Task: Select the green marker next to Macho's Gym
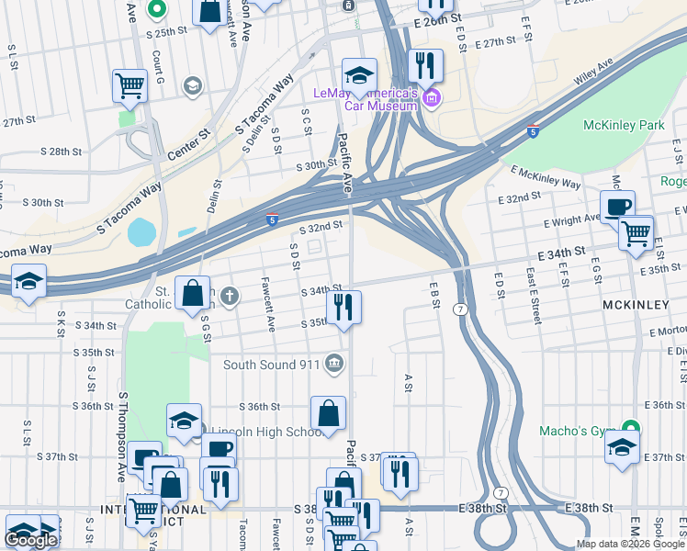(x=630, y=429)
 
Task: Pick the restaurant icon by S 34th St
(x=343, y=307)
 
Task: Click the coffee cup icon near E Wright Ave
(x=617, y=207)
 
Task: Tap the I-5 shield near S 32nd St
(x=273, y=219)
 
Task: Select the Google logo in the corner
(x=30, y=540)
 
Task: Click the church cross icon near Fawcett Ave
(x=230, y=296)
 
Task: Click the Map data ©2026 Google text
(x=631, y=544)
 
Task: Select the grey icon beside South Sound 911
(x=334, y=365)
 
